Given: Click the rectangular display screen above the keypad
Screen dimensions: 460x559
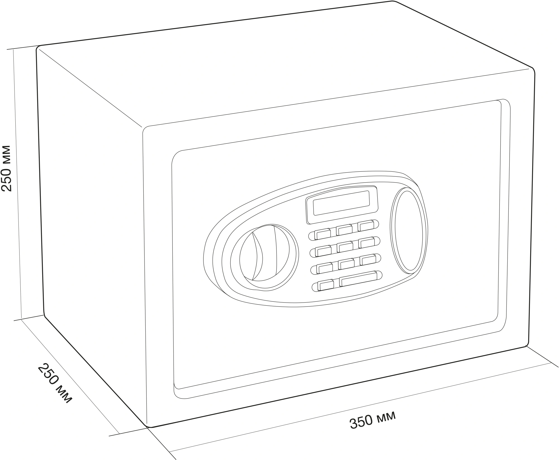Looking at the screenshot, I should pos(342,203).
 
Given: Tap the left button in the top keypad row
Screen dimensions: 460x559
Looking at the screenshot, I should pos(322,234).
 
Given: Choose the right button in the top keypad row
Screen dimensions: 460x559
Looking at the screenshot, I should pos(365,226).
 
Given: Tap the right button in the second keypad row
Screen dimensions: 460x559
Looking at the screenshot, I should pos(367,243).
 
